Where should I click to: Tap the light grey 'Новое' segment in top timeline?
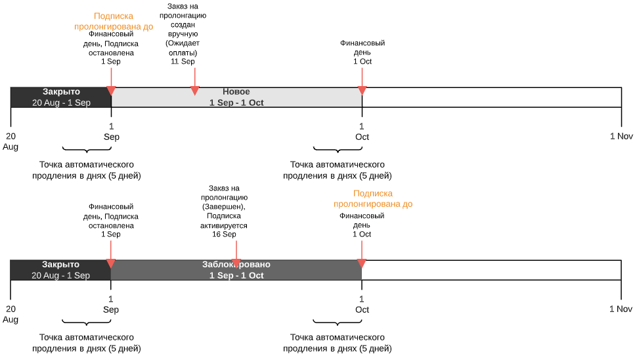point(236,97)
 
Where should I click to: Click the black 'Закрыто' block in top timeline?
point(61,97)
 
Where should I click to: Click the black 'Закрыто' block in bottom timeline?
point(60,270)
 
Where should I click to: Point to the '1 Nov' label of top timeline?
point(621,136)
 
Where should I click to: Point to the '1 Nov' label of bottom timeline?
point(621,309)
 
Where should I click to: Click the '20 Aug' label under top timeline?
point(11,141)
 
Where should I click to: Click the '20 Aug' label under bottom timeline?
point(11,314)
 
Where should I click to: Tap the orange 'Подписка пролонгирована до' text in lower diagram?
point(373,199)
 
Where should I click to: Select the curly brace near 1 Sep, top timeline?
point(87,150)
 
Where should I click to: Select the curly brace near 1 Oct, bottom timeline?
point(337,323)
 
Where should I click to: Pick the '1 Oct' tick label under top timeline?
point(362,131)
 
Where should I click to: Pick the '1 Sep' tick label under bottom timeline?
point(111,304)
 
